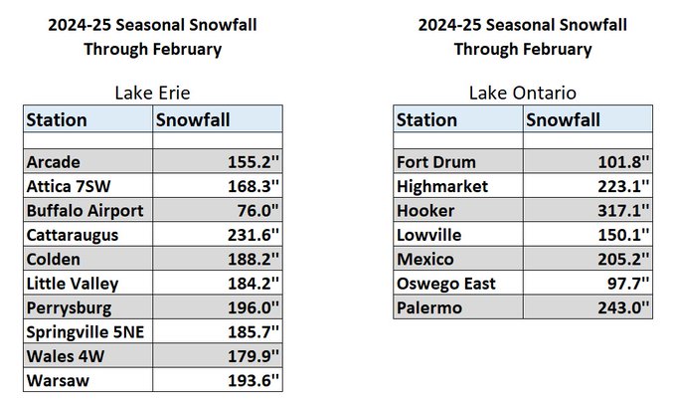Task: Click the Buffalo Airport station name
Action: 84,211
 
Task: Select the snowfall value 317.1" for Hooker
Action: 623,211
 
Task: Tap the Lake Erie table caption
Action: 153,93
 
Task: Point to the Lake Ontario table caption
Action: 523,93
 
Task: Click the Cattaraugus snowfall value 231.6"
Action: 253,235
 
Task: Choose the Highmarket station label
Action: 442,186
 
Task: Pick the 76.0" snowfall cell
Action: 258,211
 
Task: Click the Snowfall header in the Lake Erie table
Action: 193,119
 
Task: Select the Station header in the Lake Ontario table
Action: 426,119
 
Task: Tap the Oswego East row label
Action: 446,284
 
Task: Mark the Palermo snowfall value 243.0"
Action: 623,307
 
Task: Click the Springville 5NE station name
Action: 85,332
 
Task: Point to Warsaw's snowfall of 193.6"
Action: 253,380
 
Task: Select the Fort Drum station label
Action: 436,162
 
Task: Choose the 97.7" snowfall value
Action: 628,284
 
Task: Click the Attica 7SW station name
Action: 69,186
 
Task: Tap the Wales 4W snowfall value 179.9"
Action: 253,356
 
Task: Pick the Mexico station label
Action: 425,260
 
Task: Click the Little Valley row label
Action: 73,284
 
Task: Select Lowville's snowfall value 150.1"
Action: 623,235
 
